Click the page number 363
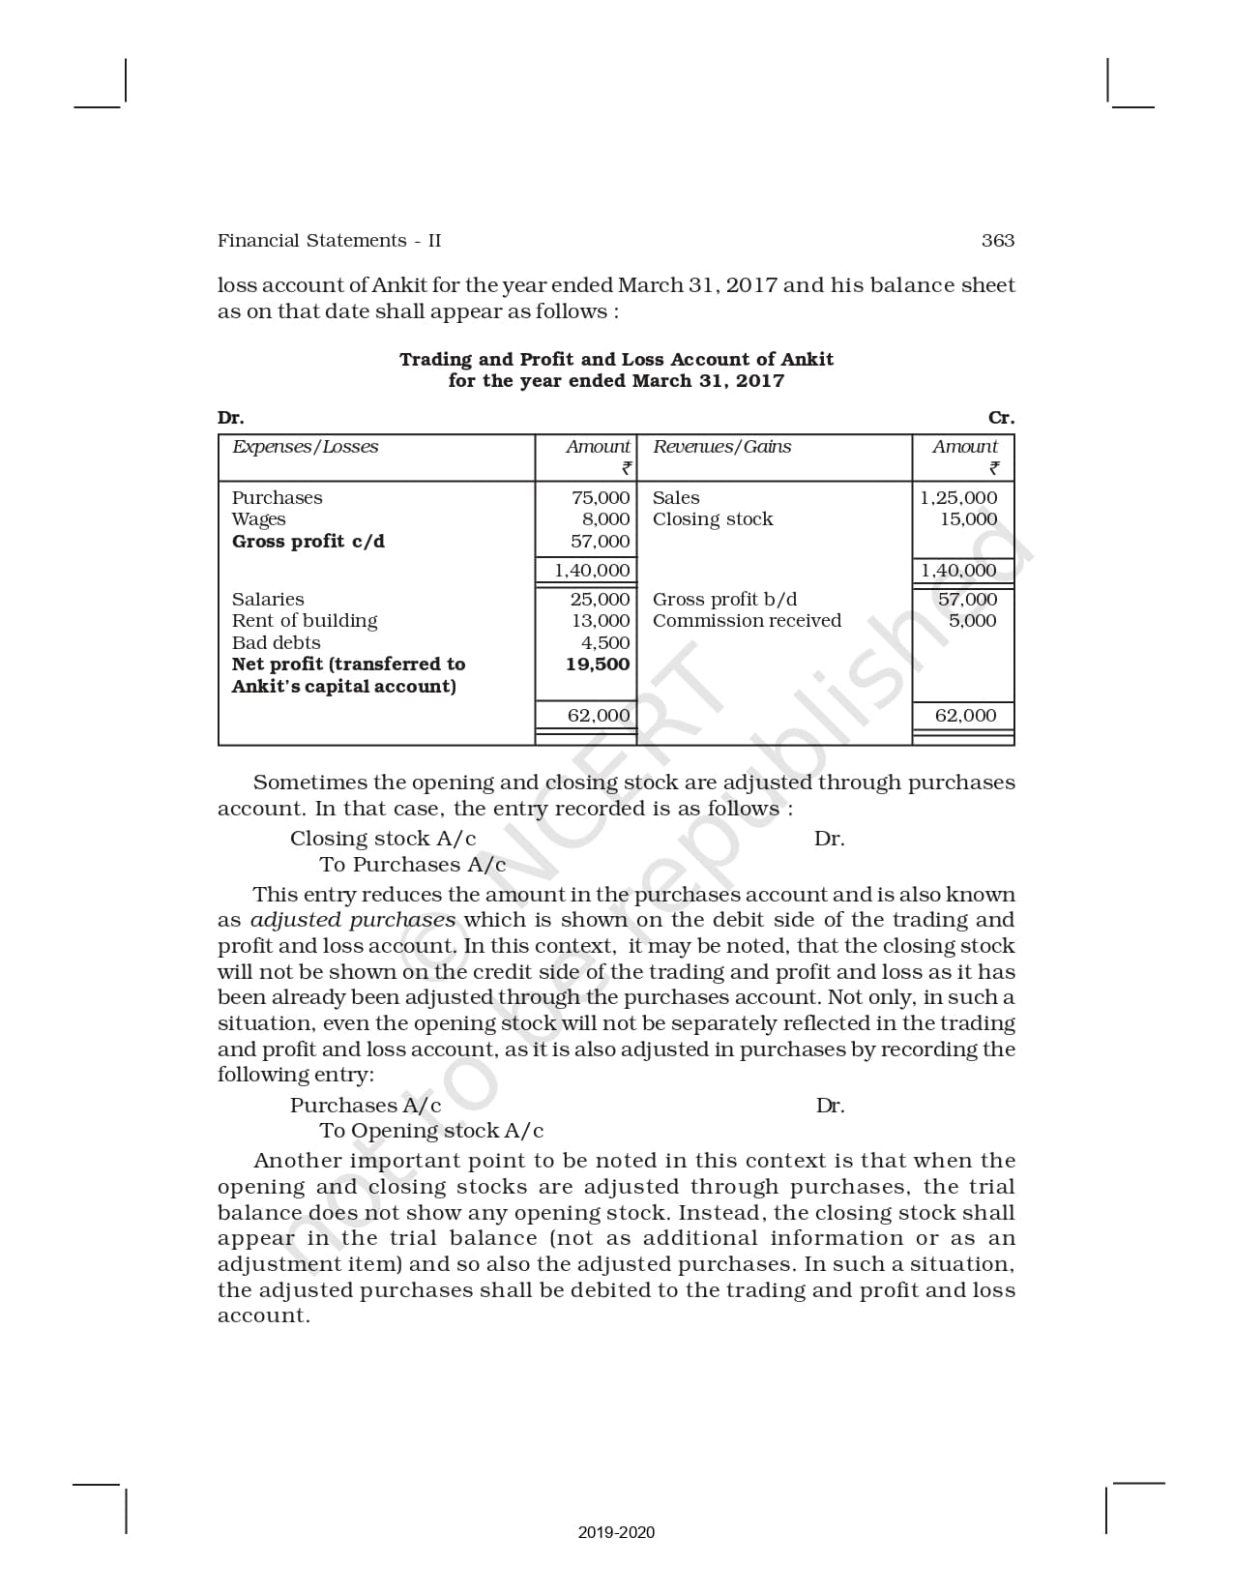(x=997, y=241)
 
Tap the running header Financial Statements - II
(x=329, y=241)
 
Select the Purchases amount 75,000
(x=601, y=498)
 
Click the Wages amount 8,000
(x=606, y=519)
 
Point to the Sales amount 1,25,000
(x=958, y=498)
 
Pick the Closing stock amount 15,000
(x=968, y=519)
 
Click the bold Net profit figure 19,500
(x=598, y=665)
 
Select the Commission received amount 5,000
(x=972, y=621)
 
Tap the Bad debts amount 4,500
(x=605, y=643)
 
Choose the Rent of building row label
(x=305, y=621)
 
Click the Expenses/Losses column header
(x=305, y=447)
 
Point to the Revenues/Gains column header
(x=721, y=447)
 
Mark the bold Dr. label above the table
(x=230, y=418)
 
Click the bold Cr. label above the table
(x=1001, y=418)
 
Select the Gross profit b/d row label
(x=724, y=600)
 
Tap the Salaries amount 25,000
(x=600, y=600)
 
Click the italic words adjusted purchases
(x=352, y=920)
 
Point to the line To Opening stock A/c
(x=431, y=1131)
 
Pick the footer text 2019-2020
(x=616, y=1532)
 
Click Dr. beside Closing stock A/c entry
(x=829, y=839)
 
